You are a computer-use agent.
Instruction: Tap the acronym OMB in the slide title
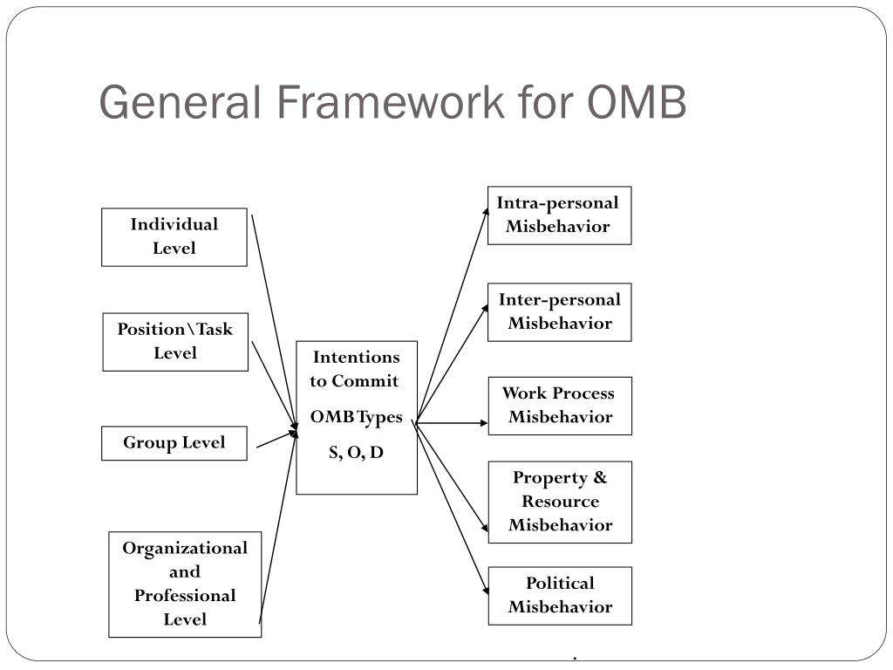[637, 102]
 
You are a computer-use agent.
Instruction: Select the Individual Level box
[174, 236]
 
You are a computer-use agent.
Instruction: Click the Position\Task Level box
[175, 341]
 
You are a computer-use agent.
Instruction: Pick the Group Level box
[174, 442]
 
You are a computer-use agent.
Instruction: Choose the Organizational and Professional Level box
[185, 584]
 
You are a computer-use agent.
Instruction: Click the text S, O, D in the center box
[356, 452]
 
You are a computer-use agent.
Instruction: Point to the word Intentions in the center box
[356, 357]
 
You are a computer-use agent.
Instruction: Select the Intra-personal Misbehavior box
[559, 215]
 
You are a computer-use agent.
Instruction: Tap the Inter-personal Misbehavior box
[559, 311]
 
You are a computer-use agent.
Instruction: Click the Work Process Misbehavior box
[559, 405]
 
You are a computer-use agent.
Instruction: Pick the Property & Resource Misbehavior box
[559, 502]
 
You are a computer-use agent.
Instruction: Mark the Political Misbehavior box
[559, 595]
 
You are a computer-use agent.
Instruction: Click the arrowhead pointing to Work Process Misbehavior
[483, 423]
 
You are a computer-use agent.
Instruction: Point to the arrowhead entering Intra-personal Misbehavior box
[485, 210]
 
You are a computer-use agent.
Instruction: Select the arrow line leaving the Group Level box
[275, 440]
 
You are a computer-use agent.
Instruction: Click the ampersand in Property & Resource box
[600, 478]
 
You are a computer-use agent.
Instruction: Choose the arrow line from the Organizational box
[277, 532]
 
